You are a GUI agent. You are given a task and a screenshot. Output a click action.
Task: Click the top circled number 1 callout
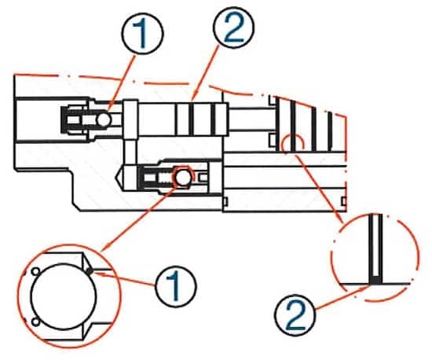tap(143, 34)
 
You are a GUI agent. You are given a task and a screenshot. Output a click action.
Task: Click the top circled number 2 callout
tap(233, 28)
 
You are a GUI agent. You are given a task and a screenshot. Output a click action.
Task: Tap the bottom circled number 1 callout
tap(176, 286)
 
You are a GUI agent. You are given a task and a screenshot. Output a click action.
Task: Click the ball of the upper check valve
tap(104, 119)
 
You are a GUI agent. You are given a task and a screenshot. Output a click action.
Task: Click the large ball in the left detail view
tap(64, 296)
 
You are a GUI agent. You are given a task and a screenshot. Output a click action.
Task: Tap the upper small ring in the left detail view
tap(35, 271)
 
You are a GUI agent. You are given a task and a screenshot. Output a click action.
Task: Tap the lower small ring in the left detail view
tap(35, 321)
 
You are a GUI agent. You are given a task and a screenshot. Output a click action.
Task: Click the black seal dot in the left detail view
tap(89, 271)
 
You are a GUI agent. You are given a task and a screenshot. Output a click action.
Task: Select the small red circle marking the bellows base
tap(292, 144)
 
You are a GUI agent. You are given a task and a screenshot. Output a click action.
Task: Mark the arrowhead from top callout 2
tap(193, 97)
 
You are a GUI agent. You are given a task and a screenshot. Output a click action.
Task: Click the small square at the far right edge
tap(343, 201)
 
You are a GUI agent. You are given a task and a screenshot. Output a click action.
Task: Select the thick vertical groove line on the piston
tap(191, 119)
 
